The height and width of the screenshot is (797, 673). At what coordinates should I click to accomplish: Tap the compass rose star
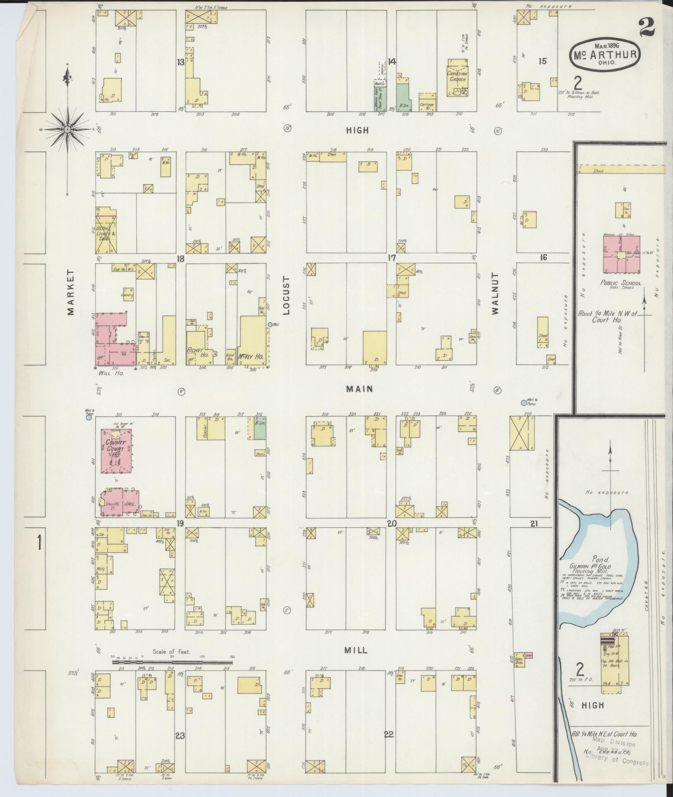(x=67, y=129)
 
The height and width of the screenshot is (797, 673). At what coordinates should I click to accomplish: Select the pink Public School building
(x=621, y=255)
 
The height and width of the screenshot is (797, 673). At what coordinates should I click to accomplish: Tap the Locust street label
(x=286, y=299)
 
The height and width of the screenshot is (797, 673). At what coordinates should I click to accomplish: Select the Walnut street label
(x=496, y=294)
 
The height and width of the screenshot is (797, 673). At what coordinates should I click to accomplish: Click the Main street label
(x=360, y=389)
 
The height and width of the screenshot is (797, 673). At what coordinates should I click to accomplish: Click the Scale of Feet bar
(x=172, y=662)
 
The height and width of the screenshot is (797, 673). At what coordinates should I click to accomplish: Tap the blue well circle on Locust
(x=270, y=325)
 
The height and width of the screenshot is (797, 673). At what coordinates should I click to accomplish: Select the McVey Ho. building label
(x=251, y=357)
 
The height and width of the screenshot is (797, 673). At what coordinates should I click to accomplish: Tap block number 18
(x=180, y=258)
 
